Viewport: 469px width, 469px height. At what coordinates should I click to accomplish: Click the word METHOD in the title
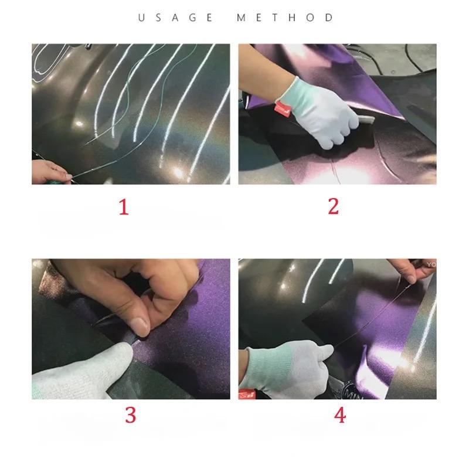pos(285,18)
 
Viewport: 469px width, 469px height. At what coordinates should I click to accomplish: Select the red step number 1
pos(124,207)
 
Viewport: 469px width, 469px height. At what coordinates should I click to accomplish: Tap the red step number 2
pos(333,206)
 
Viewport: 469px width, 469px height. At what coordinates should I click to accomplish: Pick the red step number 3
pos(130,414)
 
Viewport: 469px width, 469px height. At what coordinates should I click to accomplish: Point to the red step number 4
pos(339,414)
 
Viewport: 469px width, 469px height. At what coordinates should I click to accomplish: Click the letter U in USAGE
pos(141,18)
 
